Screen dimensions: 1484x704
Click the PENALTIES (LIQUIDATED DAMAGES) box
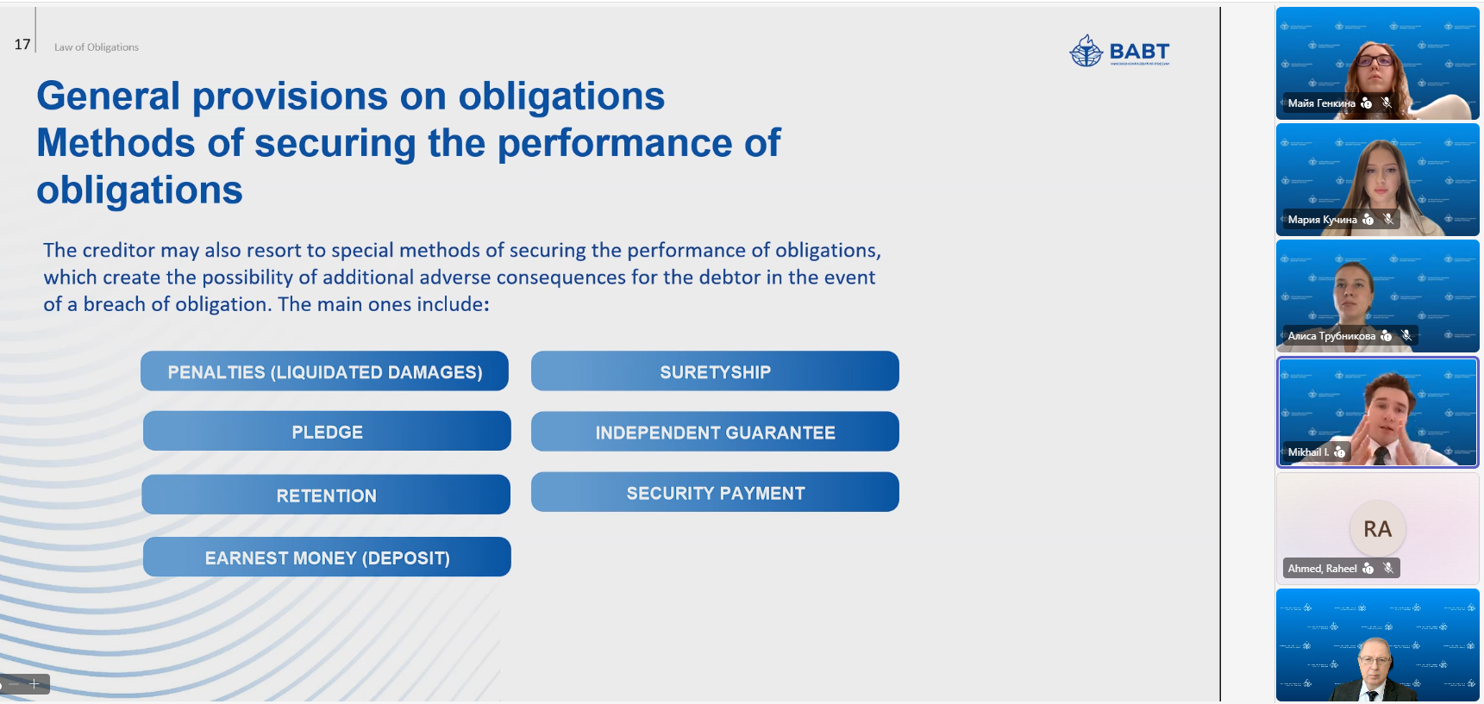(x=324, y=371)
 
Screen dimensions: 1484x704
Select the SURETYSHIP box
(x=715, y=371)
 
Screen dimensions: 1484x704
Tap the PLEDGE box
(x=327, y=431)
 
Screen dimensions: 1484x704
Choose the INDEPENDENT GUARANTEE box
(x=715, y=432)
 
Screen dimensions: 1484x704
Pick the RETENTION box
(x=326, y=495)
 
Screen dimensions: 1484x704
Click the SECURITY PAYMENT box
(x=715, y=492)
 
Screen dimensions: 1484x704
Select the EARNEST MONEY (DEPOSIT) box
(x=327, y=557)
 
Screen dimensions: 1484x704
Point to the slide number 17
(x=22, y=44)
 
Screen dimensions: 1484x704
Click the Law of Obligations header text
(x=97, y=47)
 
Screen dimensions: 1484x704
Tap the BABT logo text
(x=1139, y=51)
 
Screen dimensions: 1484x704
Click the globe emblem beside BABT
(x=1086, y=51)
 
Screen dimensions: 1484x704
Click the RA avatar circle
(x=1377, y=528)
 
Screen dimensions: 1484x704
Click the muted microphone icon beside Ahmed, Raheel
(x=1387, y=568)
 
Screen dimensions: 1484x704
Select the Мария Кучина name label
(x=1322, y=220)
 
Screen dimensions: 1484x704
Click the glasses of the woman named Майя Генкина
(x=1374, y=60)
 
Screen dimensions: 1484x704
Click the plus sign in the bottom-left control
(x=34, y=683)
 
